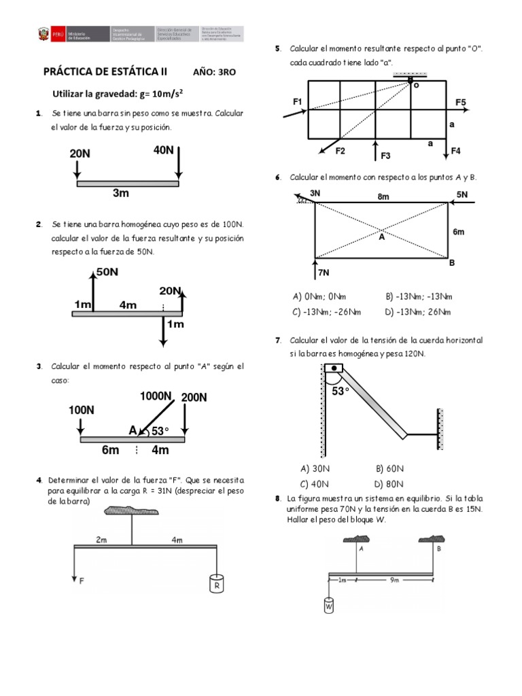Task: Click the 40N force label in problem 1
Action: (x=164, y=150)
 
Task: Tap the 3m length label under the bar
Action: (x=121, y=194)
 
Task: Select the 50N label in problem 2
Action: (x=107, y=272)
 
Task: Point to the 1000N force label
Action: (x=156, y=396)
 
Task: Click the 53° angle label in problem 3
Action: (x=159, y=431)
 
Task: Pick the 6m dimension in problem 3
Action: (x=110, y=450)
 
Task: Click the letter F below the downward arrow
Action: (x=82, y=581)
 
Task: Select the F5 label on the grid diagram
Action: (x=461, y=102)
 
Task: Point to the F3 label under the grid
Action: (x=385, y=156)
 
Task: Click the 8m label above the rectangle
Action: (x=383, y=197)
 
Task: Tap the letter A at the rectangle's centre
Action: (x=382, y=238)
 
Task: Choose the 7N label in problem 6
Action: (x=324, y=273)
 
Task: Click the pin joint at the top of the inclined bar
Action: (x=333, y=369)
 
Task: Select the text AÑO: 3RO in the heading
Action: (x=215, y=71)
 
